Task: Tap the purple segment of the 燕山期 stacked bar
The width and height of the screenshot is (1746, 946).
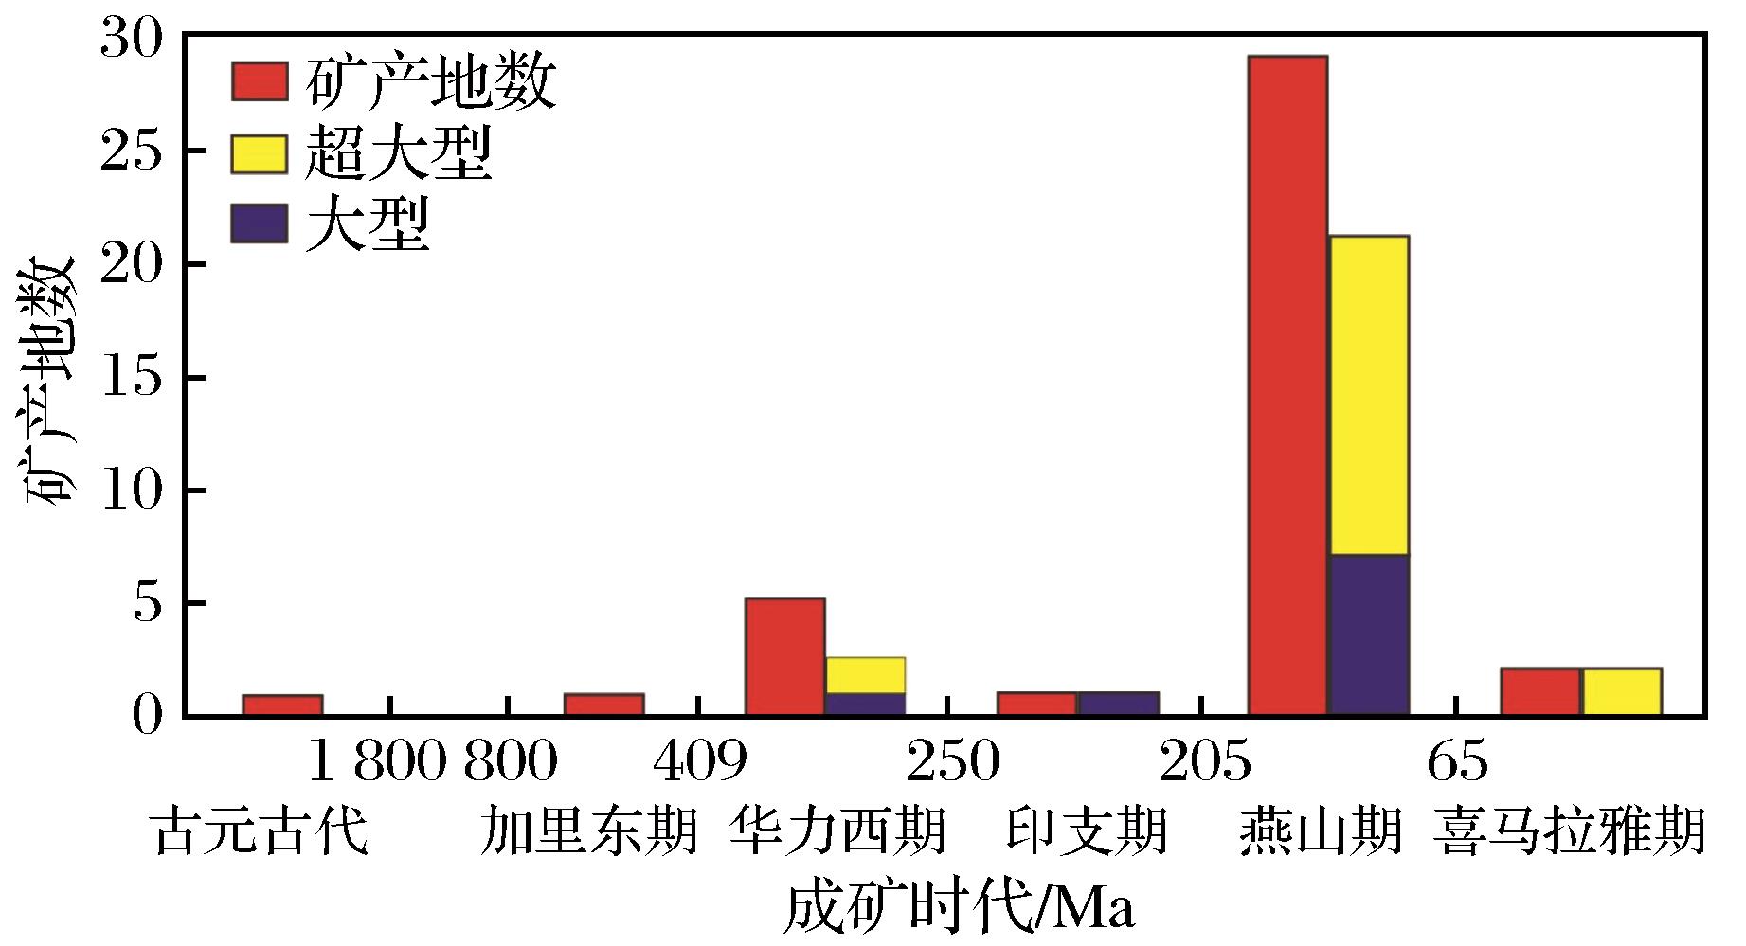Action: point(1368,634)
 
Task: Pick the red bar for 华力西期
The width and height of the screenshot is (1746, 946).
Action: point(784,656)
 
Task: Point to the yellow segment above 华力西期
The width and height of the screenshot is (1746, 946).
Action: point(865,675)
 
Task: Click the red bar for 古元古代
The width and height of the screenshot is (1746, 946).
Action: point(282,705)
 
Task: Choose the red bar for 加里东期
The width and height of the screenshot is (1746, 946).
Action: point(603,705)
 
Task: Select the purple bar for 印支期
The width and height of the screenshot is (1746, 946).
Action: point(1118,704)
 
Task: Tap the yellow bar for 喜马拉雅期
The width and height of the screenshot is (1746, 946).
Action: point(1621,692)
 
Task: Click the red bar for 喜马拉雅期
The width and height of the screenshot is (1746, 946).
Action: point(1540,692)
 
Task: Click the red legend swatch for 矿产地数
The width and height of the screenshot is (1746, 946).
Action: point(259,81)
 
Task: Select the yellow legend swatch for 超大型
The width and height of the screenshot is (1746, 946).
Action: point(259,153)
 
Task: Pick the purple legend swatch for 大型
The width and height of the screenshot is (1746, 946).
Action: point(259,223)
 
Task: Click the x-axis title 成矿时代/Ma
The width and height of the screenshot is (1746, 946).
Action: point(959,909)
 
